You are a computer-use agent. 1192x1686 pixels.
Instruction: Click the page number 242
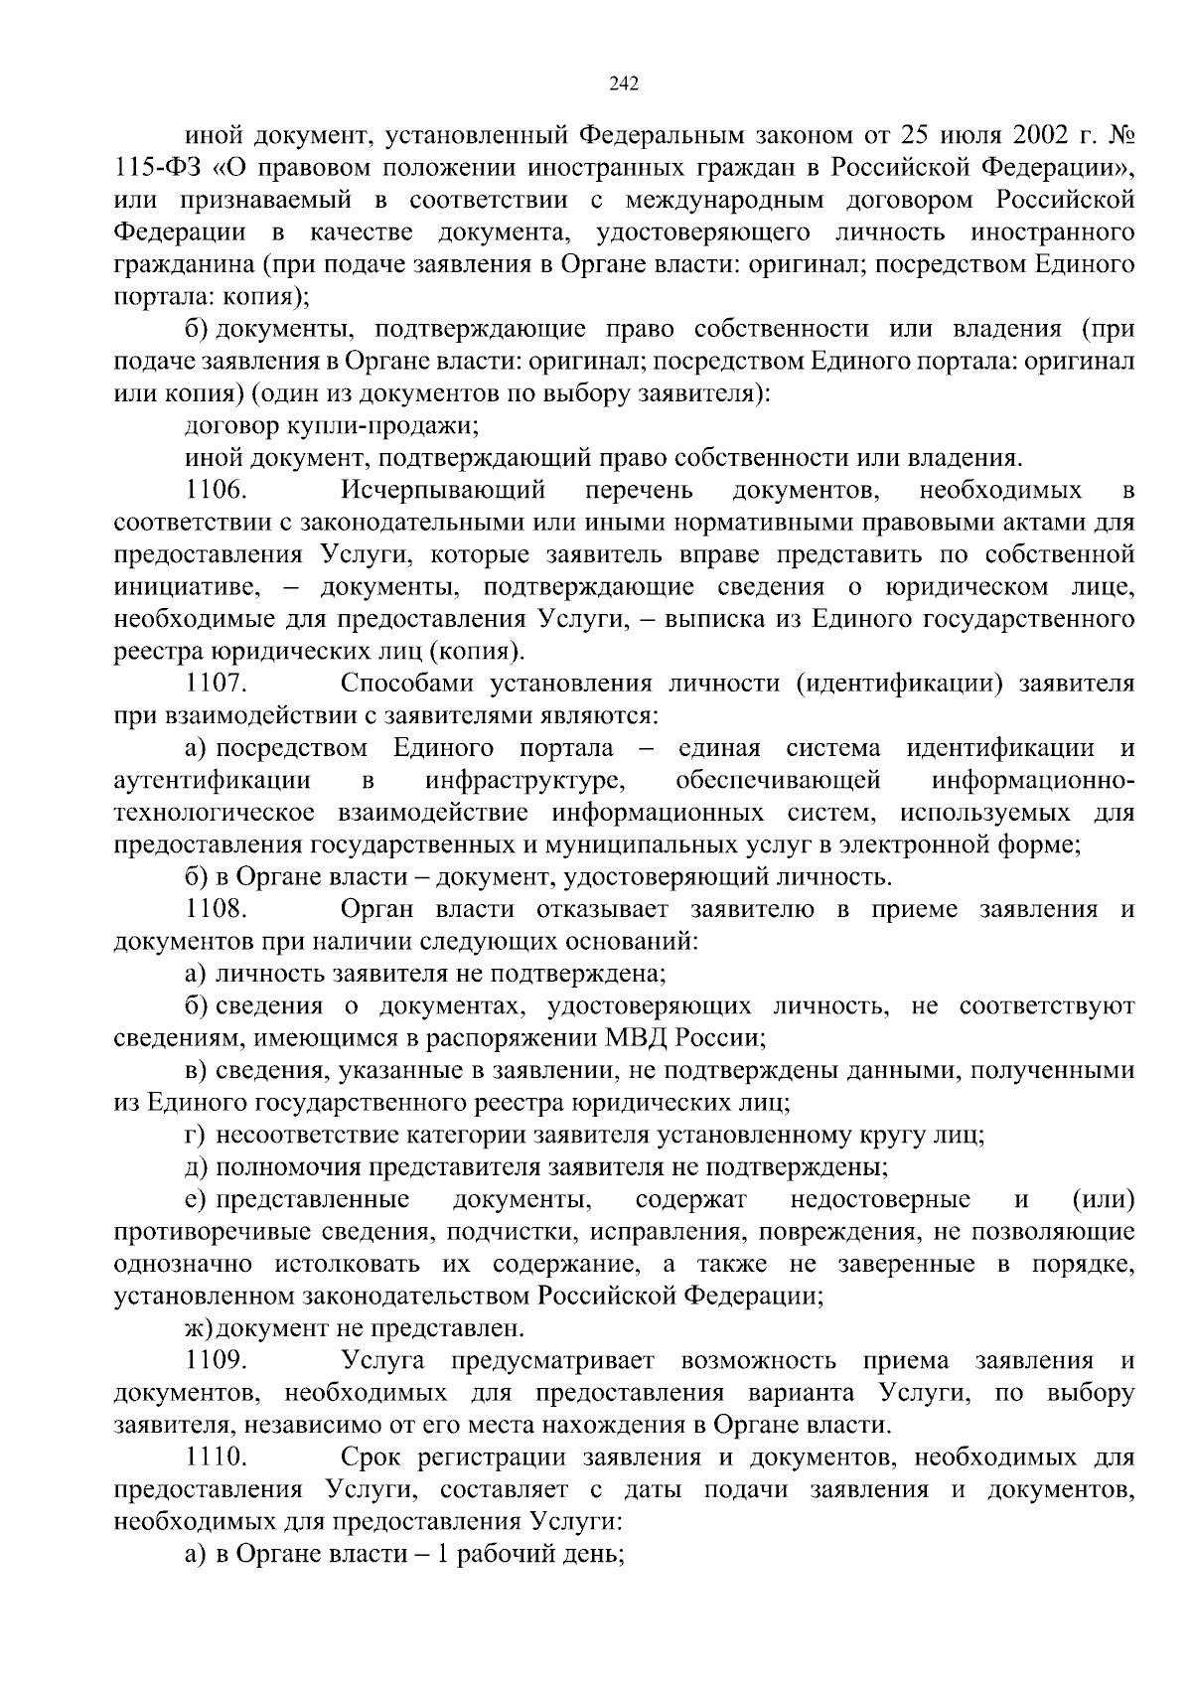click(623, 83)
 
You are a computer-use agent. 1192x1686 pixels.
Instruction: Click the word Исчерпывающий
click(444, 491)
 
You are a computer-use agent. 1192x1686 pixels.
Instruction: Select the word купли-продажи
click(387, 426)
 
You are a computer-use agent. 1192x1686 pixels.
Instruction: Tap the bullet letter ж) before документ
click(200, 1328)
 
